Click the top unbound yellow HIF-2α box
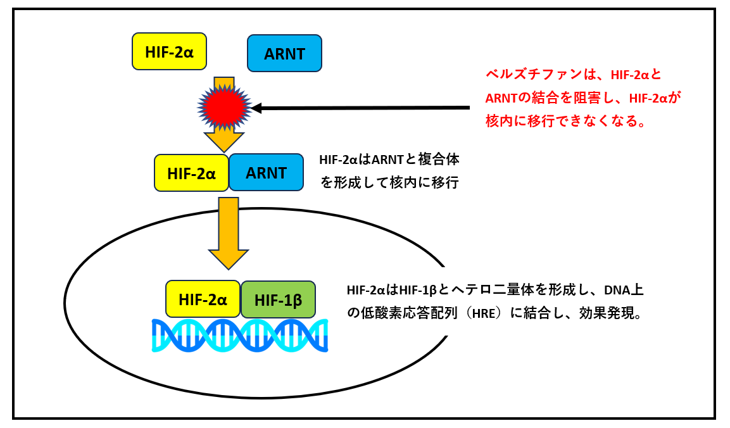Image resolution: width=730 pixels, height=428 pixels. [x=169, y=51]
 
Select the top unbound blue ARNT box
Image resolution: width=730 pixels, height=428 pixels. [x=284, y=53]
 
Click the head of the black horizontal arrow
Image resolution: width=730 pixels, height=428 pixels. [x=257, y=108]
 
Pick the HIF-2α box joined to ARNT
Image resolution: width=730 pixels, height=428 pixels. [x=191, y=172]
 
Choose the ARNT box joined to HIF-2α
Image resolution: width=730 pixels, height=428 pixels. [x=266, y=172]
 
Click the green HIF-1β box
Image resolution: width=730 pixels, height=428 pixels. [x=278, y=299]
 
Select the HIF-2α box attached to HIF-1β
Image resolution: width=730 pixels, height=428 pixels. [x=203, y=299]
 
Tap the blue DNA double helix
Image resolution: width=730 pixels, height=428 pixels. [x=239, y=336]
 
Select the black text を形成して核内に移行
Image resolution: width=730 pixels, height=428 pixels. [x=389, y=184]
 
